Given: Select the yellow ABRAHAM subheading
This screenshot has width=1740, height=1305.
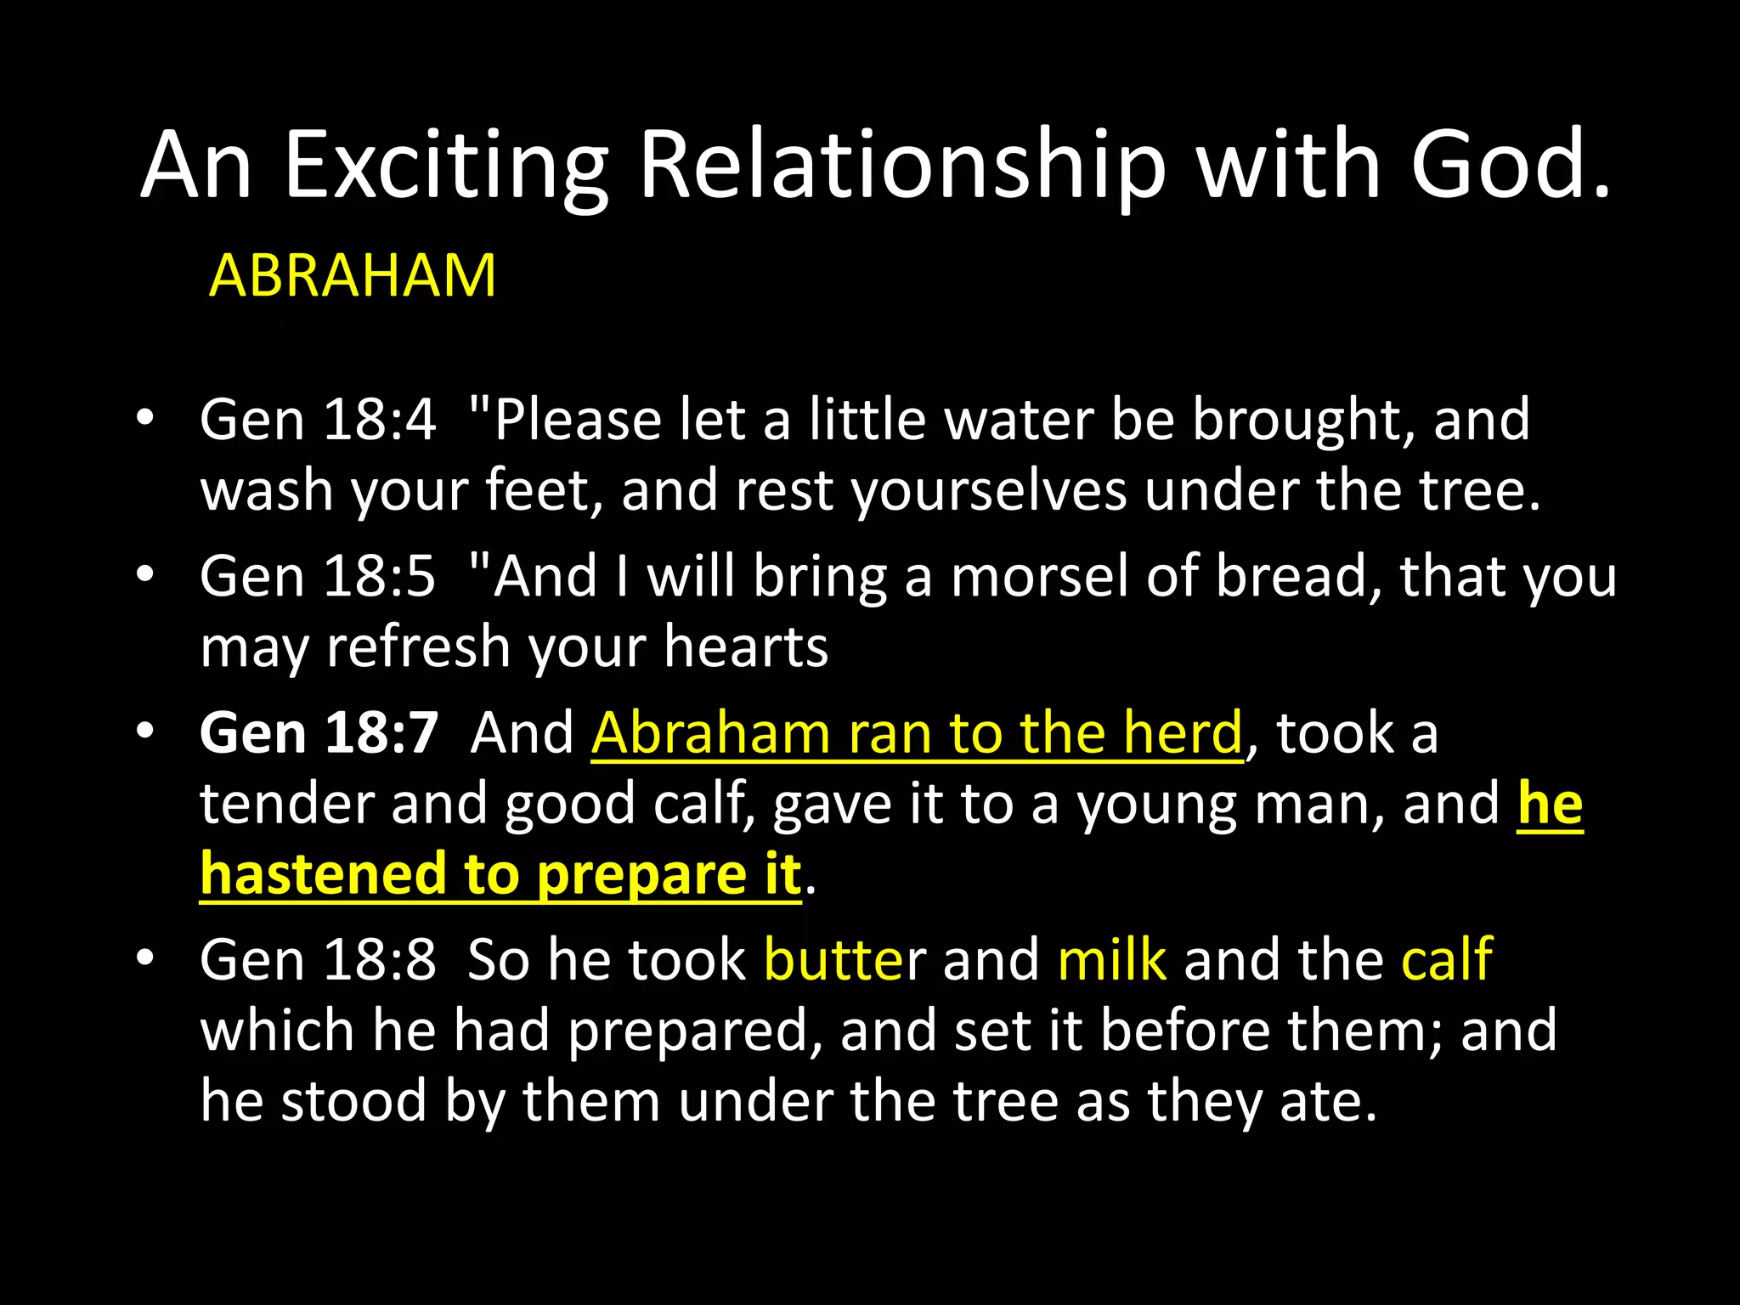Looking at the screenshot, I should pyautogui.click(x=352, y=276).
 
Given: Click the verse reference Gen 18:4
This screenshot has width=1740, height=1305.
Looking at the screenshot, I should pyautogui.click(x=318, y=420).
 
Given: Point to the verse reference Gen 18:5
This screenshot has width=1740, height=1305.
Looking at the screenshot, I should pyautogui.click(x=318, y=576).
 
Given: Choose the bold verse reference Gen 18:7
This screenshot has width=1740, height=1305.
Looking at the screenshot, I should pyautogui.click(x=319, y=732).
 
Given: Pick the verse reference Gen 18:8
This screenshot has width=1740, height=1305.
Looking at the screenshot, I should pyautogui.click(x=318, y=960).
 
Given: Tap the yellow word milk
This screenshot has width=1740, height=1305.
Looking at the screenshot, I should pyautogui.click(x=1111, y=960).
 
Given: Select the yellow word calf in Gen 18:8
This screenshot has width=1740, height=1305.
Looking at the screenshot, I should pyautogui.click(x=1446, y=960).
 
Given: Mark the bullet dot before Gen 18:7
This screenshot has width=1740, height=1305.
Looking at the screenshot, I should pyautogui.click(x=145, y=731).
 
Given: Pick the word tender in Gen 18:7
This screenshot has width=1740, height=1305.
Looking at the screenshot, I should pyautogui.click(x=286, y=804).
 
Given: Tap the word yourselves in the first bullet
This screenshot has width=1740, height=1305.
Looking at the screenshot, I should pyautogui.click(x=990, y=491).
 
